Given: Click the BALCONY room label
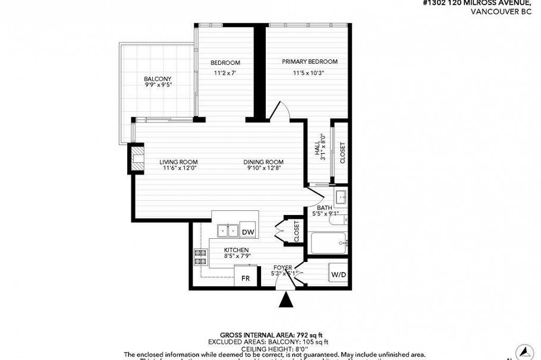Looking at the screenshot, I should point(158,79).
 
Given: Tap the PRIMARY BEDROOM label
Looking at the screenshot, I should point(309,62).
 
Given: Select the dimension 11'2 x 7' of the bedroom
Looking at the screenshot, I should point(225,73).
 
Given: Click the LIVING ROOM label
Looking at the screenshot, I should point(178,162).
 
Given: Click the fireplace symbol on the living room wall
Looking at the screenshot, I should point(138,159).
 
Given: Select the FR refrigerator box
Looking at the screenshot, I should point(245,278).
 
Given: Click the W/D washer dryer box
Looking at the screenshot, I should point(338,274).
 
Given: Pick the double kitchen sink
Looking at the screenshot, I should point(227,230).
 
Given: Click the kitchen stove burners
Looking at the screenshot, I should point(200,257).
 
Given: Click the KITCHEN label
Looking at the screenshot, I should point(236,250).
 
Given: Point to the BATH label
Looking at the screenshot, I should point(324,207).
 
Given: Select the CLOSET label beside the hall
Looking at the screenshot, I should point(342,153).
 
